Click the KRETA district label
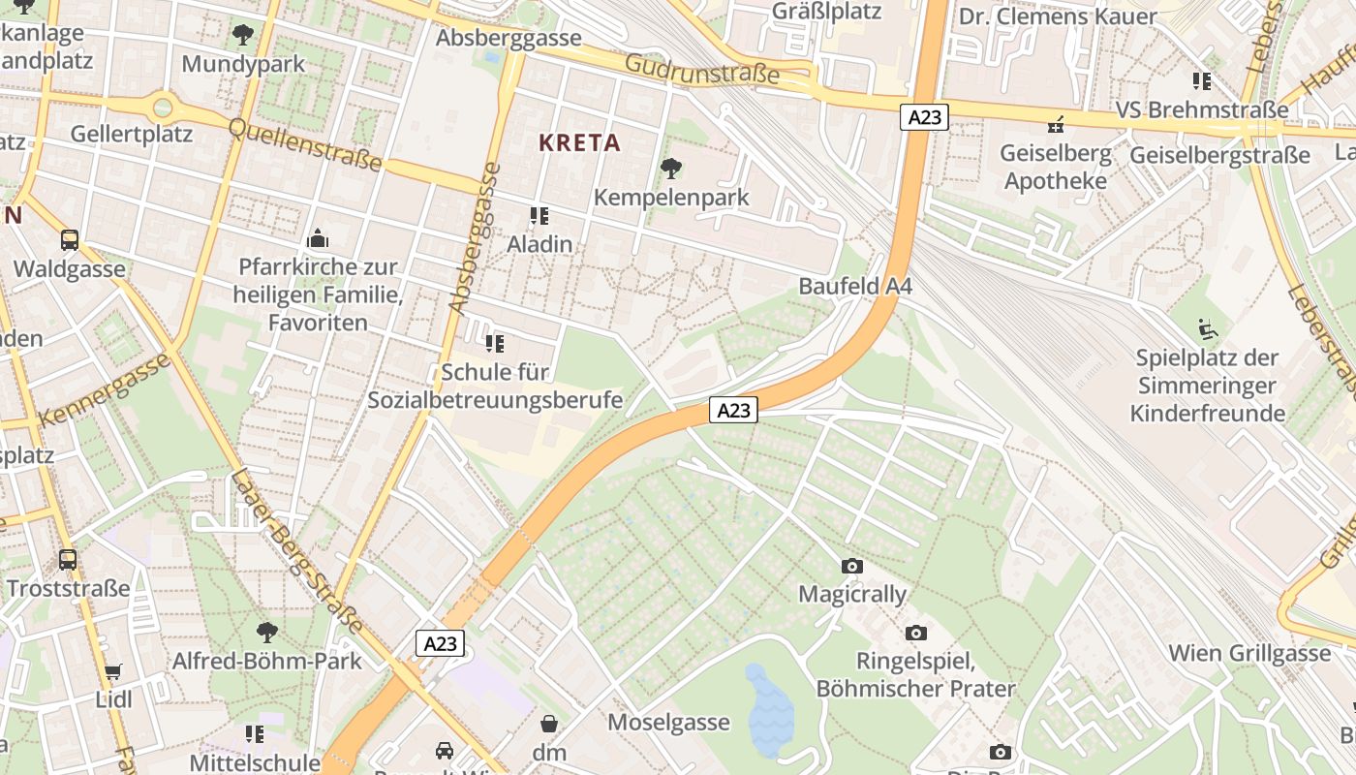pyautogui.click(x=579, y=142)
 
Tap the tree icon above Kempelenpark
pyautogui.click(x=670, y=170)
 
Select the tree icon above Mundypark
pyautogui.click(x=243, y=36)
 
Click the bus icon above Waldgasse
pyautogui.click(x=69, y=240)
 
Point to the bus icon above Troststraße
pyautogui.click(x=68, y=560)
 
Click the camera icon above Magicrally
pyautogui.click(x=852, y=566)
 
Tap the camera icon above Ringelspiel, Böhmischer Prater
pyautogui.click(x=915, y=634)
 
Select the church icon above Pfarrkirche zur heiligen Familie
pyautogui.click(x=318, y=238)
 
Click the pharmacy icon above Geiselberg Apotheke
pyautogui.click(x=1056, y=125)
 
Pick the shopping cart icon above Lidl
pyautogui.click(x=113, y=671)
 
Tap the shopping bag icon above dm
pyautogui.click(x=549, y=724)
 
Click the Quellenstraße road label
pyautogui.click(x=305, y=144)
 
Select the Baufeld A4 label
pyautogui.click(x=855, y=286)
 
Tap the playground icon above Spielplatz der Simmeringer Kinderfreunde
pyautogui.click(x=1207, y=330)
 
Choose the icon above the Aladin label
pyautogui.click(x=539, y=216)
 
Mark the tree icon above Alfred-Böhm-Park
pyautogui.click(x=266, y=634)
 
